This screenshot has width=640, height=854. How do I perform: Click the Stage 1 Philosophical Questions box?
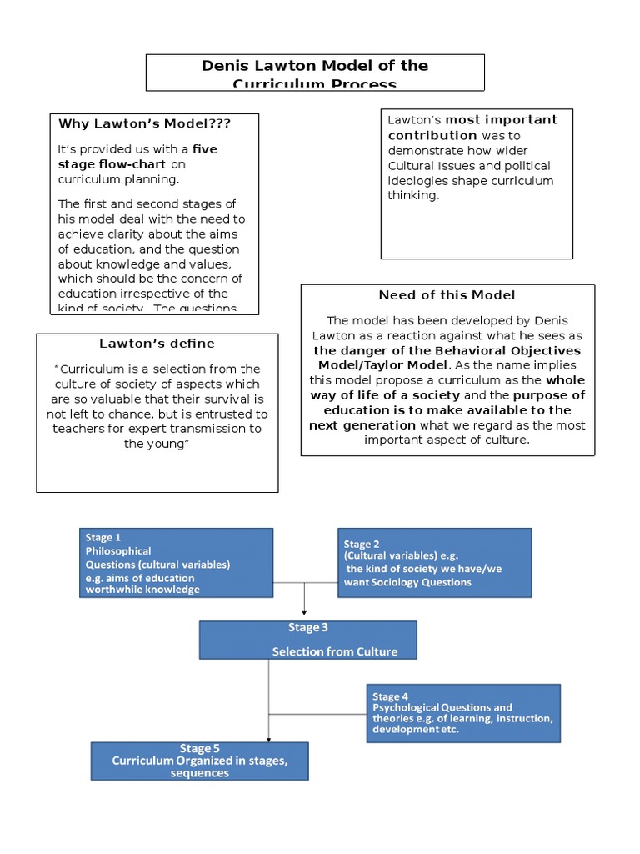click(176, 563)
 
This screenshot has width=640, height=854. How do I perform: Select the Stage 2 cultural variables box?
click(434, 563)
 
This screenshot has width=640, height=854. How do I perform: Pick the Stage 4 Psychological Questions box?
click(463, 713)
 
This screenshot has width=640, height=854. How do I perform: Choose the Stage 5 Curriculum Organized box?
click(199, 761)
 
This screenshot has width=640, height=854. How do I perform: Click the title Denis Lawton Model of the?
click(315, 66)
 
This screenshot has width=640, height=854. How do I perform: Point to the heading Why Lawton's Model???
click(144, 123)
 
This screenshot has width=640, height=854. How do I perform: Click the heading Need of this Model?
click(447, 294)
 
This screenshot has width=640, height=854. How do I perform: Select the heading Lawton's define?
click(157, 343)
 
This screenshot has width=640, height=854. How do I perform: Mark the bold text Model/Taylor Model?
click(382, 365)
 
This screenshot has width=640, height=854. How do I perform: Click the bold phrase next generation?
click(362, 425)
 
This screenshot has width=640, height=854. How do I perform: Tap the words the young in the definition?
click(157, 444)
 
